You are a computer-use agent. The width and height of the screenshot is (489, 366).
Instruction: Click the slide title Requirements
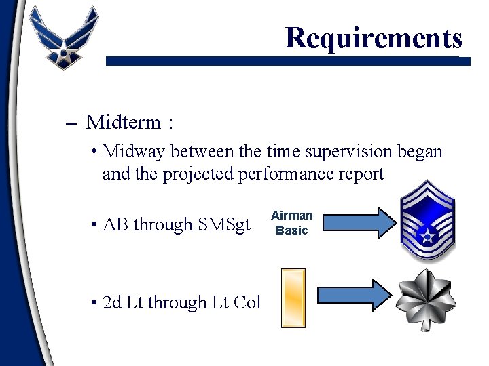(374, 37)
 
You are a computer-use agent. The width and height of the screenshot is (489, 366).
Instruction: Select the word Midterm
(124, 123)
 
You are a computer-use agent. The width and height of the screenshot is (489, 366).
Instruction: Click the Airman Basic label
(291, 223)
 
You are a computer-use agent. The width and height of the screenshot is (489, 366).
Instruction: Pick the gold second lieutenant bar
(293, 298)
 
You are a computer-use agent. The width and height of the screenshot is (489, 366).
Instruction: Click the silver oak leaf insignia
(426, 299)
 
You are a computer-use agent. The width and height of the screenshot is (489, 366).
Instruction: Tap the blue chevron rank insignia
(427, 221)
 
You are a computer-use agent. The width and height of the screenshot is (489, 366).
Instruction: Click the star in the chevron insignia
(428, 235)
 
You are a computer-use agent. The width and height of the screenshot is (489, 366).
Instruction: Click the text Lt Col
(237, 302)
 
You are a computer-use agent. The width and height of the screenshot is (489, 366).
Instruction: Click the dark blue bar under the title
(285, 61)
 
